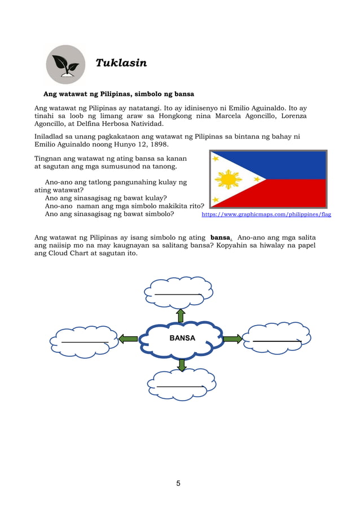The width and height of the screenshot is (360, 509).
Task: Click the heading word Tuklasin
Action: coord(121,63)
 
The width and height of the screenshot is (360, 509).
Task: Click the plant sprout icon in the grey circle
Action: coord(66,64)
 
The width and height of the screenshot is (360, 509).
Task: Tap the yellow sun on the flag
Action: coord(228,179)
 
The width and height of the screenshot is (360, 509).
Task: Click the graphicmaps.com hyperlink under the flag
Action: coord(266,214)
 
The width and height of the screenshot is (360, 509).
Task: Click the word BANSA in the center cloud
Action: coord(182,338)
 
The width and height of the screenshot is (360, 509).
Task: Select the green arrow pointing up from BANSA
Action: coord(181,315)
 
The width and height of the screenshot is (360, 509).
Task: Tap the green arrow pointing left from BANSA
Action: coord(129,339)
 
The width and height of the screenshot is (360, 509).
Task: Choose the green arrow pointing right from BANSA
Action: coord(232,339)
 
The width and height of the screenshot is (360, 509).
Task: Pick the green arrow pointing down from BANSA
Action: coord(181,364)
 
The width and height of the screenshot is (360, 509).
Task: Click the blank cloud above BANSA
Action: coord(179,291)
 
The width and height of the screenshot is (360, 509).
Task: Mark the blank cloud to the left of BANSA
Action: coord(84,340)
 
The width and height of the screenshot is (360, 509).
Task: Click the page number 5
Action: coord(178,483)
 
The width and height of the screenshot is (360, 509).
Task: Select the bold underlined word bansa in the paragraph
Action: coord(220,238)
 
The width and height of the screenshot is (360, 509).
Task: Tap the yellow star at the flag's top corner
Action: coord(216,159)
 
